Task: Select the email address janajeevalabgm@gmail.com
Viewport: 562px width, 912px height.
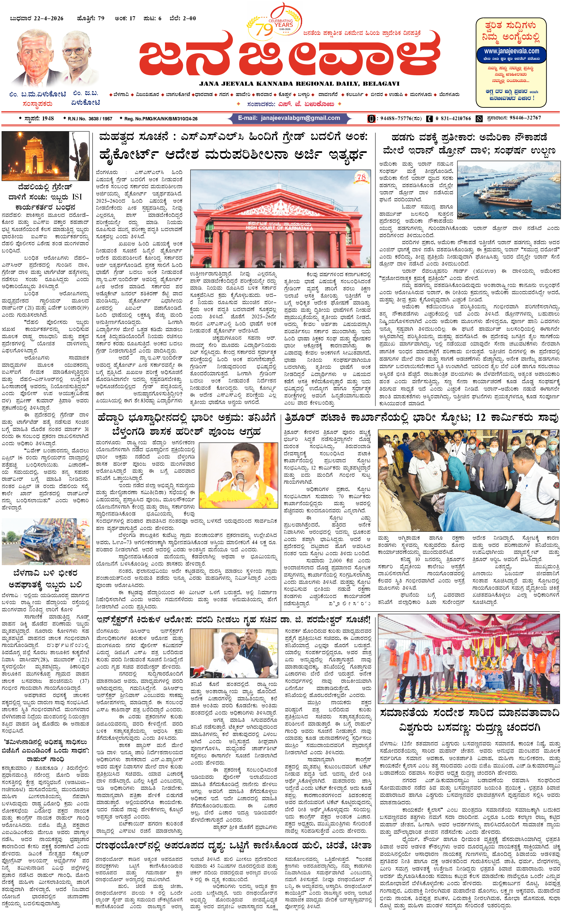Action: coord(300,118)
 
